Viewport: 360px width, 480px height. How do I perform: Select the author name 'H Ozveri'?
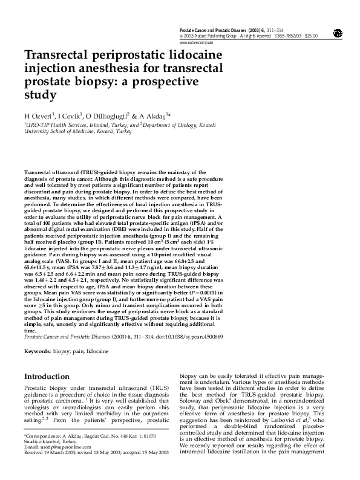click(38, 115)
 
